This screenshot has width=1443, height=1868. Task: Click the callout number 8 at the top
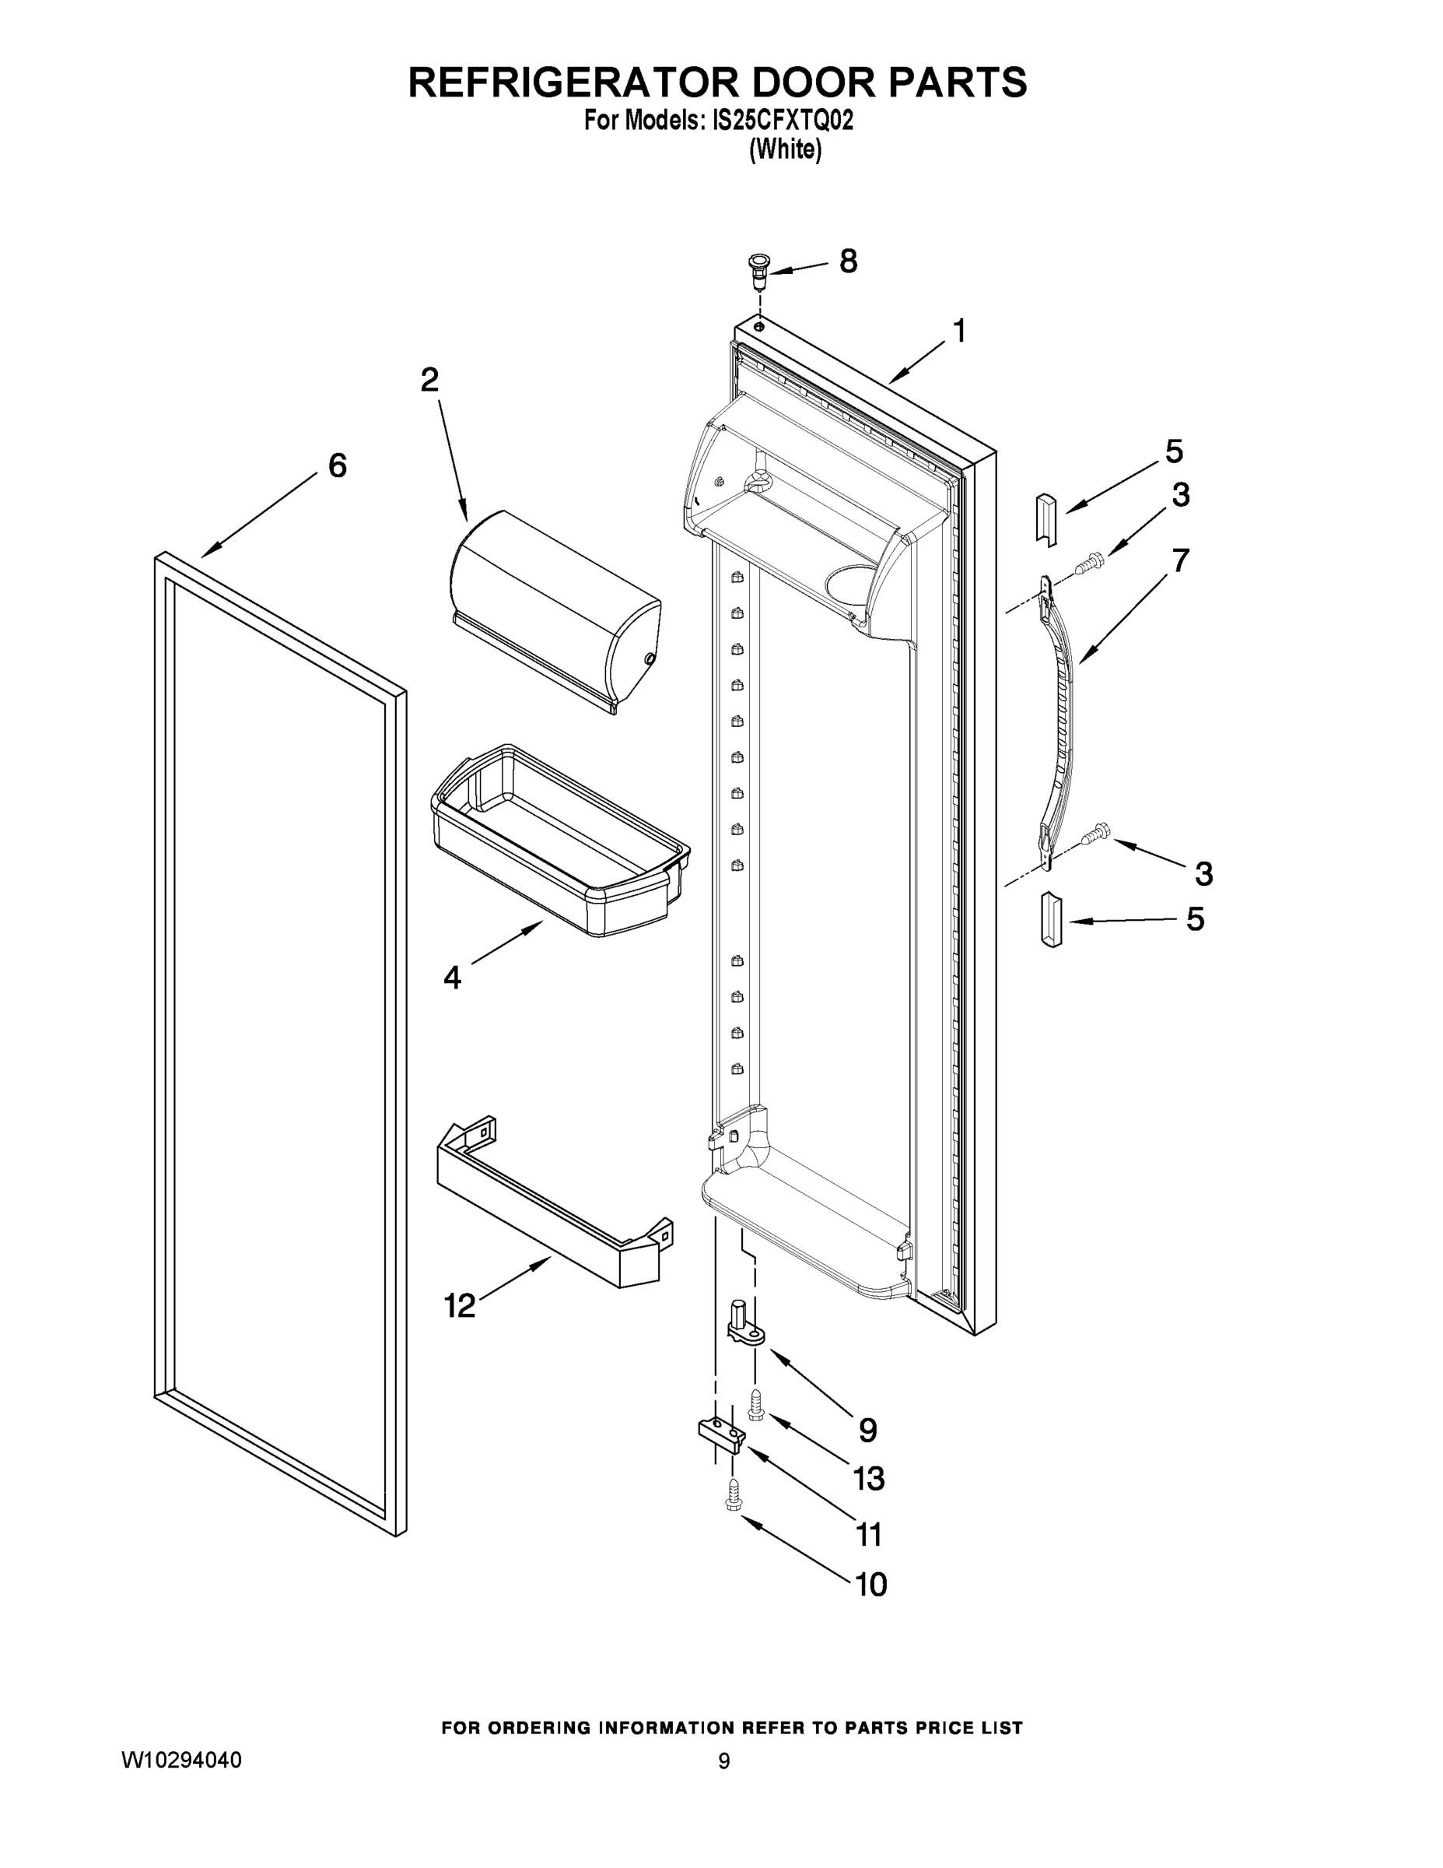coord(847,261)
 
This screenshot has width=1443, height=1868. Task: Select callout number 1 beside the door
coord(959,330)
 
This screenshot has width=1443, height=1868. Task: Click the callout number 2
coord(429,379)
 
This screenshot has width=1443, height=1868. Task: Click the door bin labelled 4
coord(560,842)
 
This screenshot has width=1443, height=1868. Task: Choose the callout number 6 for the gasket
coord(338,465)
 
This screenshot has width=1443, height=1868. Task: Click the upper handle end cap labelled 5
coord(1046,518)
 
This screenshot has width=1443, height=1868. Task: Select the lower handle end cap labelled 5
coord(1051,919)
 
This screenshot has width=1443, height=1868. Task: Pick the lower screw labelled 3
coord(1095,833)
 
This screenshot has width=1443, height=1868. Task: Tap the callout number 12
coord(459,1305)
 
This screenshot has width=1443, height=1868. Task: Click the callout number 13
coord(869,1478)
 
